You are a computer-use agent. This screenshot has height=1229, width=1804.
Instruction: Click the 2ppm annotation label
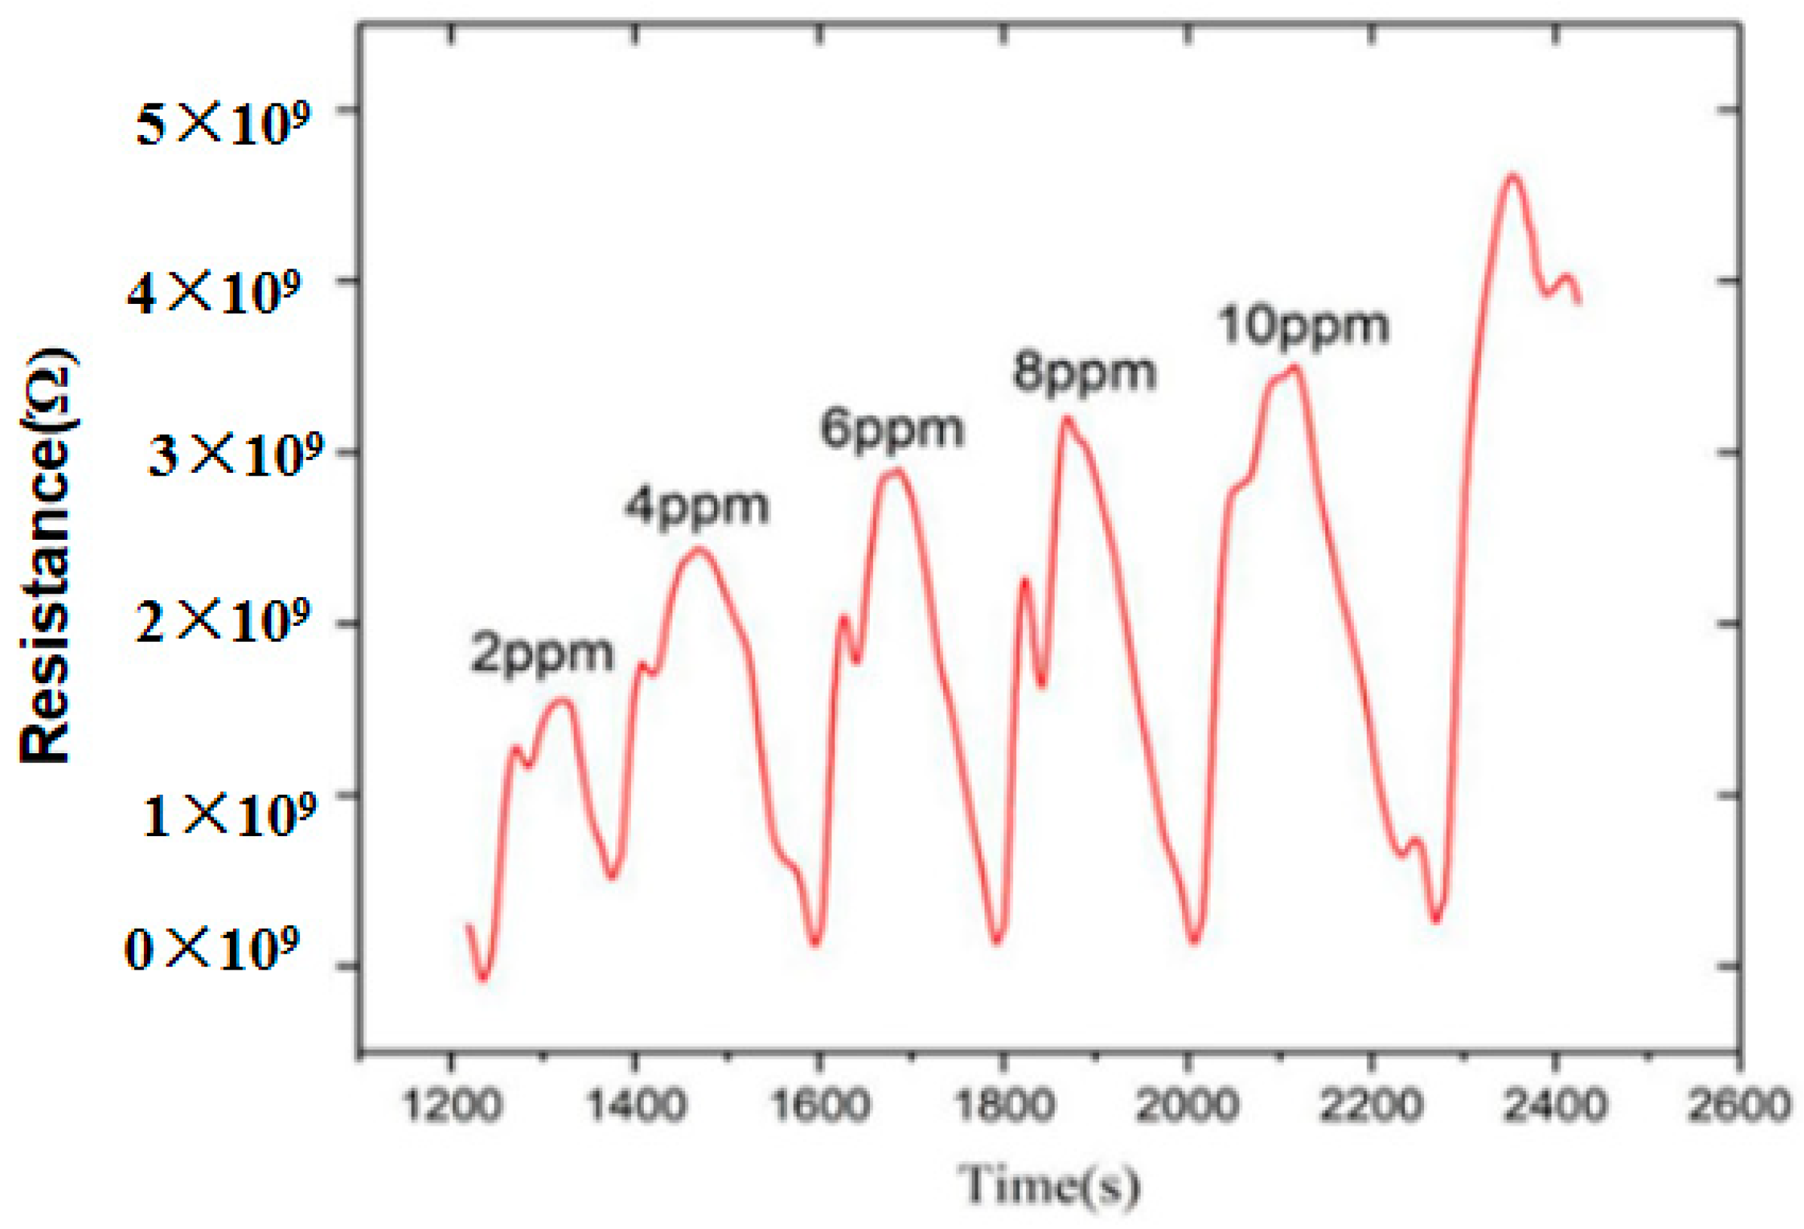[x=542, y=654]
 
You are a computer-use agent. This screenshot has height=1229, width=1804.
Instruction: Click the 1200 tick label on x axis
[x=452, y=1103]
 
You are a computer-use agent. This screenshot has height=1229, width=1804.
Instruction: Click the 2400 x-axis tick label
[x=1554, y=1103]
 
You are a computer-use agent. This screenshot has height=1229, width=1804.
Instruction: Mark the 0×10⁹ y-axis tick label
[x=212, y=949]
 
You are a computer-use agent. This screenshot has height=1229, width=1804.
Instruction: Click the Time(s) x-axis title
[x=1049, y=1185]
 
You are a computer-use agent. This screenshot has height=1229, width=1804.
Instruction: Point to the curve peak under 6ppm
[x=896, y=470]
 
